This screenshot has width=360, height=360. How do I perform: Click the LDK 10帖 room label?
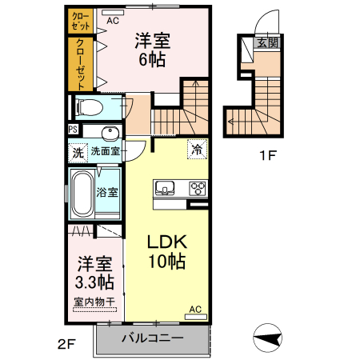[166, 251]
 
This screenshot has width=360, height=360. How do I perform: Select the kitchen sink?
[166, 189]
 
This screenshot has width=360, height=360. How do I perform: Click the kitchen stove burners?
[197, 189]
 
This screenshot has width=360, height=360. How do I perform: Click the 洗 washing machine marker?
[78, 150]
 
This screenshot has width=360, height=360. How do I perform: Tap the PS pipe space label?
[73, 130]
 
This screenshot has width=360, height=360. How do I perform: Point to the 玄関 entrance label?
[267, 43]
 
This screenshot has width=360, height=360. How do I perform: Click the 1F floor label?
[266, 156]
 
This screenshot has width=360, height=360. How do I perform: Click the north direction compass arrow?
[266, 338]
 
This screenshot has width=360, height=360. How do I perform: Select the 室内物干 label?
[94, 302]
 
